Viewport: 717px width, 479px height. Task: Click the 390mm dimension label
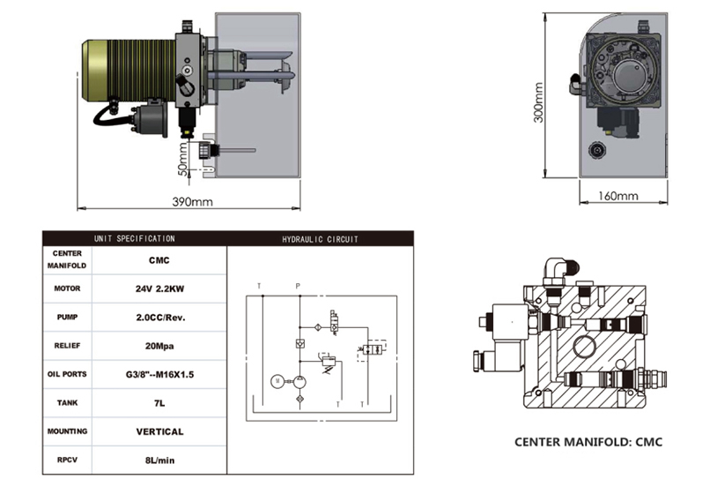(192, 202)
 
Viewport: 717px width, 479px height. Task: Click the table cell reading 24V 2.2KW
(159, 288)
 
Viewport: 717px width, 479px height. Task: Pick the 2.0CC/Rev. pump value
(159, 317)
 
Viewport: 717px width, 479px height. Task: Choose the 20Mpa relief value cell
(159, 346)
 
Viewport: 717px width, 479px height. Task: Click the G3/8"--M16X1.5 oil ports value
(159, 374)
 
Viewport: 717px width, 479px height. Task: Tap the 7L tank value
(159, 403)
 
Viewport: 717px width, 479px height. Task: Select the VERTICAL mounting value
(159, 432)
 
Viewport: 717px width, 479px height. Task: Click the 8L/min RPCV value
(159, 460)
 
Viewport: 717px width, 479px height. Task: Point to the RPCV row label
(67, 460)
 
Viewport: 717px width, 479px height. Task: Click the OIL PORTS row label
(67, 374)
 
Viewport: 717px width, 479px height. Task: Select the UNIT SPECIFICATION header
(135, 238)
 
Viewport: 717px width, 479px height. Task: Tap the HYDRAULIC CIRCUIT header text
(320, 239)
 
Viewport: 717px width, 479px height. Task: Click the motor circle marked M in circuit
(276, 380)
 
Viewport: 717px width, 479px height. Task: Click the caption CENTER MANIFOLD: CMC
(588, 442)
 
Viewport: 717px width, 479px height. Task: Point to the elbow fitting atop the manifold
(557, 268)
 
